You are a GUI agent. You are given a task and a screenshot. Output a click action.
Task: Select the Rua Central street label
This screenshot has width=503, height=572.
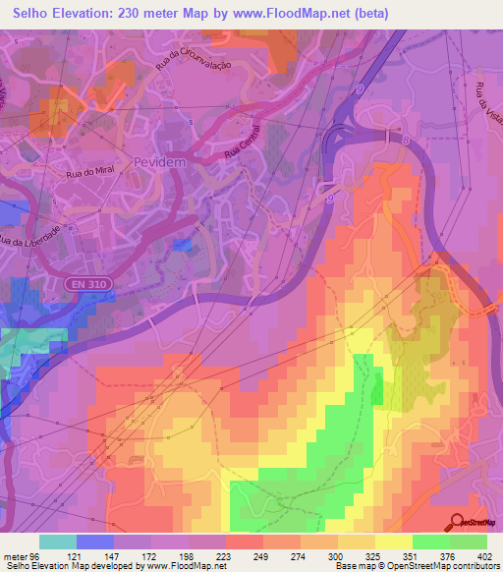coord(246,146)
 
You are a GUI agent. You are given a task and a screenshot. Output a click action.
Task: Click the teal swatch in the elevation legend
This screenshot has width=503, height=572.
coord(57,542)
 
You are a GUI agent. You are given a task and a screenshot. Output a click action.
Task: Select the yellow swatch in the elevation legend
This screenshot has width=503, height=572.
coord(393,542)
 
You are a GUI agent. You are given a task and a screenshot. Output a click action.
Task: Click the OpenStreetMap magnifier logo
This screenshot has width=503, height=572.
coord(455,523)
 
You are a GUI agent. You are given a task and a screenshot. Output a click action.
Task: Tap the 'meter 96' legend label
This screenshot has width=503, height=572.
coord(21,557)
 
